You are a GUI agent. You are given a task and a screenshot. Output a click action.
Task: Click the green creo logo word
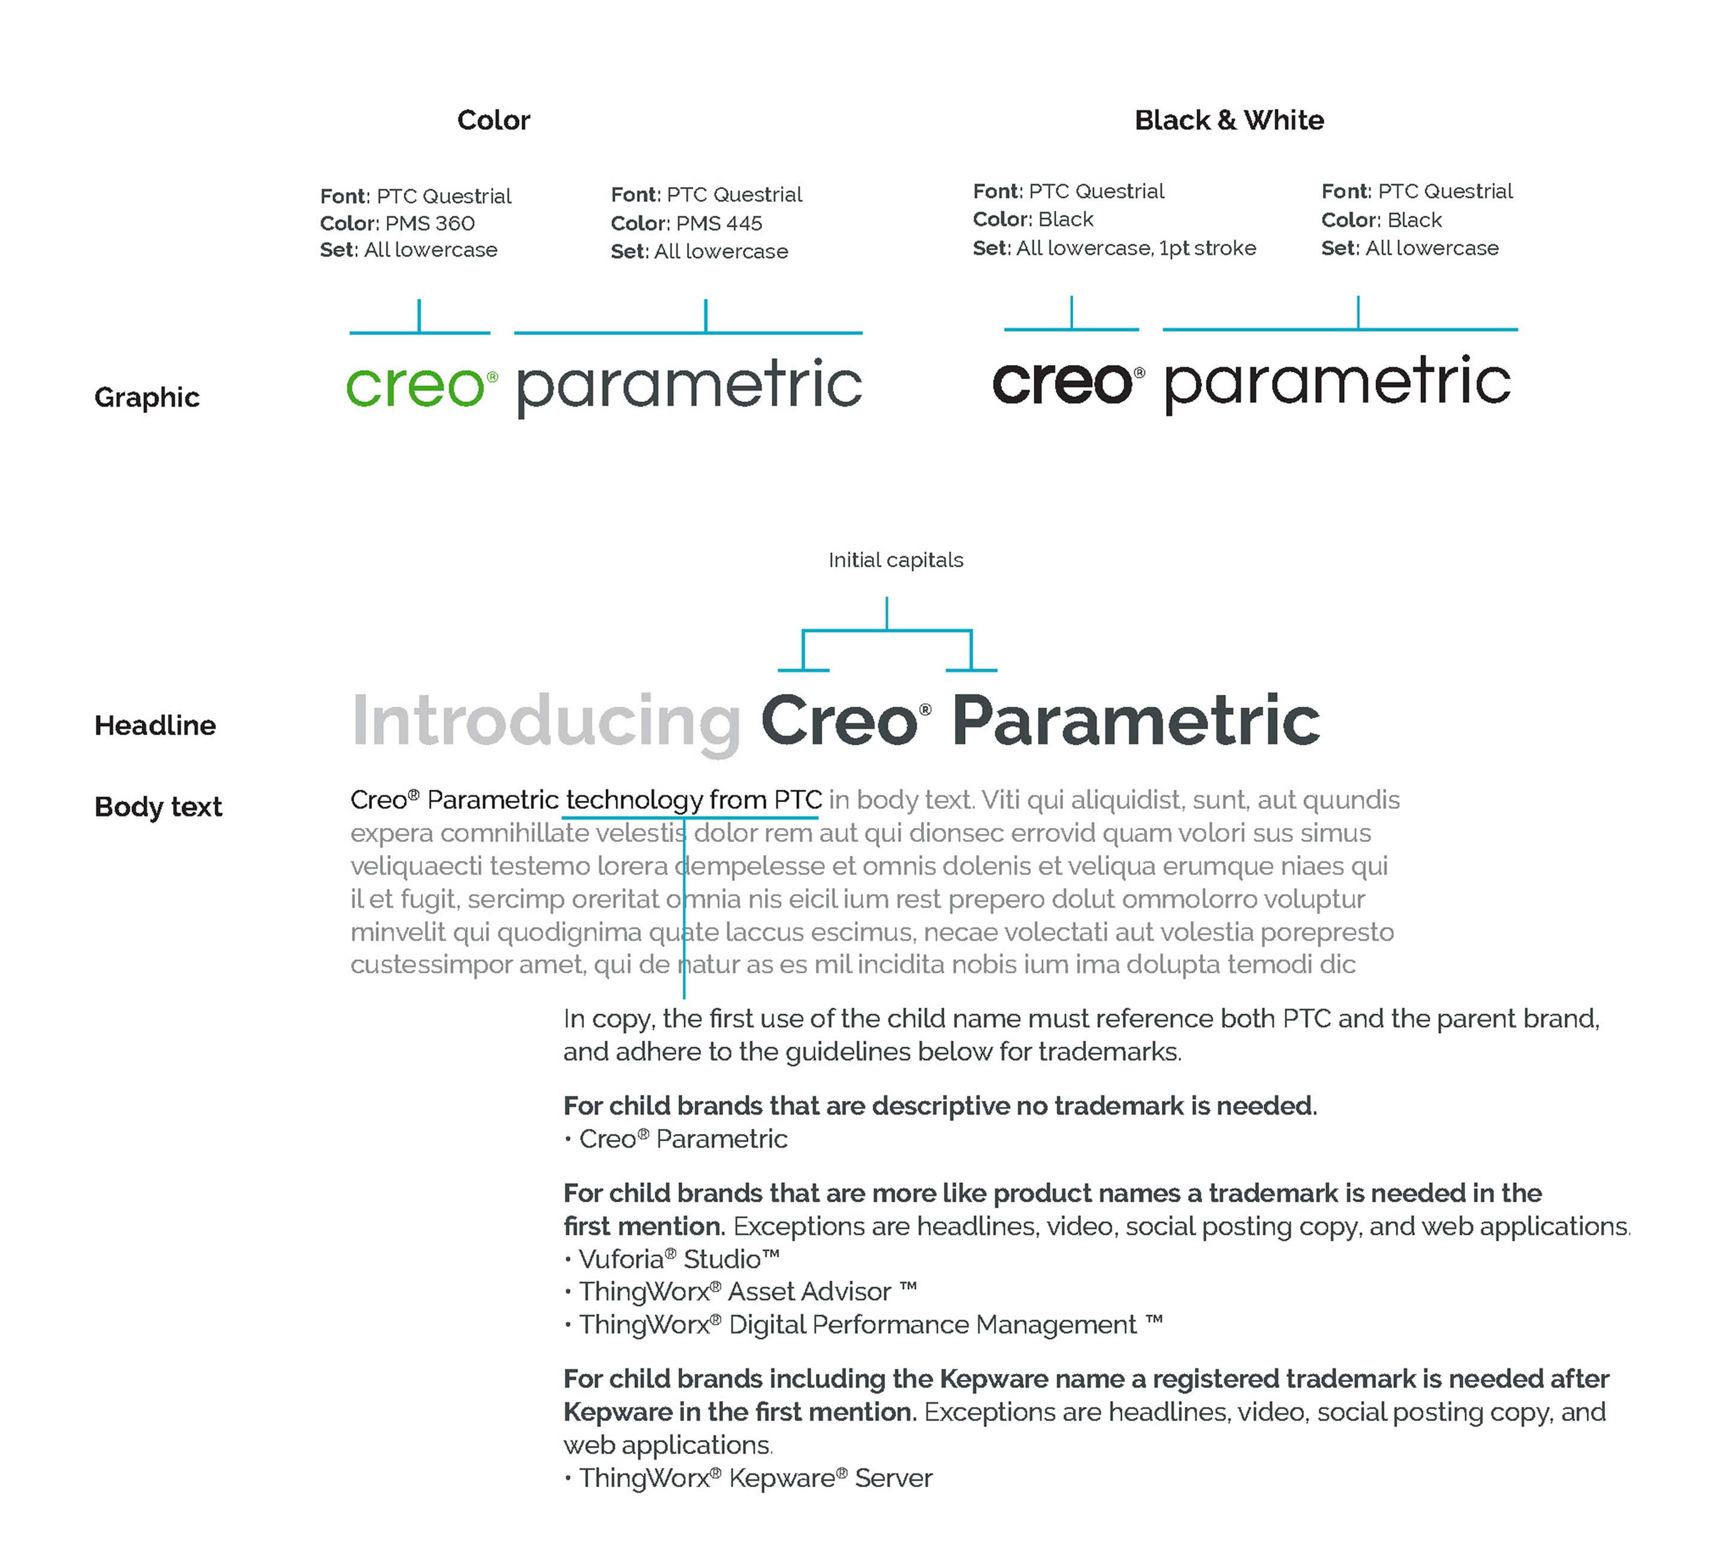coord(415,387)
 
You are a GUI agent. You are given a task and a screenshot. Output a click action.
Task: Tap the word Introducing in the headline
coord(546,721)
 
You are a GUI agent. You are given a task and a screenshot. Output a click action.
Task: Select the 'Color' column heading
coord(493,121)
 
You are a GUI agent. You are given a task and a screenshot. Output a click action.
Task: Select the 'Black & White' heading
coord(1229,121)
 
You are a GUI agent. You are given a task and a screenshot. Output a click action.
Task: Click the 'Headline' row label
coord(155,726)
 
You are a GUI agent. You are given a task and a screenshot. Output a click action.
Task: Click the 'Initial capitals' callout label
coord(896,560)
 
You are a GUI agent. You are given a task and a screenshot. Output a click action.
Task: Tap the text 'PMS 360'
coord(430,223)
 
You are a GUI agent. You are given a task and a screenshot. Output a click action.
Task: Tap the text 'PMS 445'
coord(719,223)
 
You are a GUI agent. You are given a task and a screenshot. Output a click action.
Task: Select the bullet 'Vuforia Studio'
coord(679,1259)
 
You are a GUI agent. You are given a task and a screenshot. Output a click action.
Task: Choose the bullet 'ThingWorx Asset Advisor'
coord(746,1292)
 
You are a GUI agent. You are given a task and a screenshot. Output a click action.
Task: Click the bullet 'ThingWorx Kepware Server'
coord(755,1478)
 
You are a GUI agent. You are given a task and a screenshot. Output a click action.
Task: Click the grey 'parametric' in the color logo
coord(689,387)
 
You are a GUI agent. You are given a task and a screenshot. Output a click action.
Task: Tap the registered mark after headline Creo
coord(925,709)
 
